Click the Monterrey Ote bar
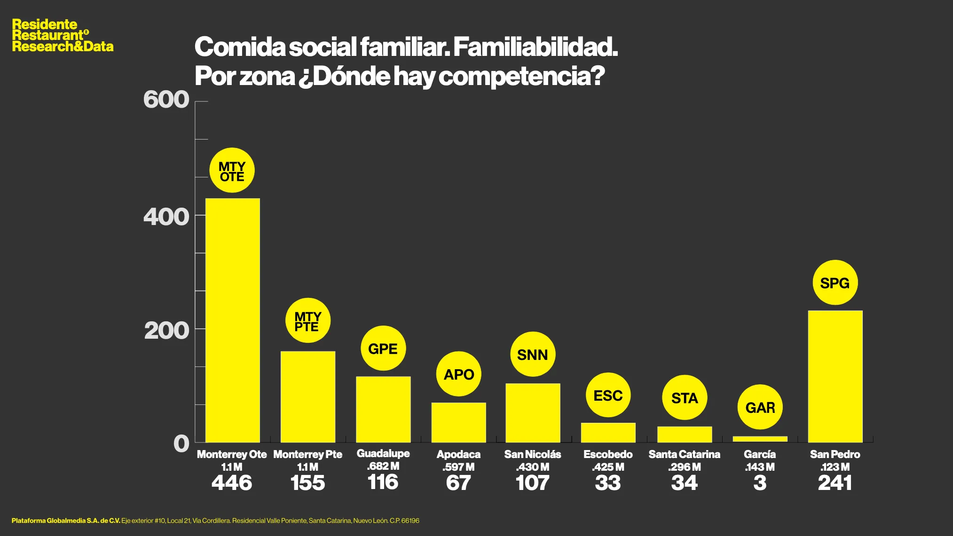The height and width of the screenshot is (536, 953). [232, 320]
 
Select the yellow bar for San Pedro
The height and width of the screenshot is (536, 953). [835, 376]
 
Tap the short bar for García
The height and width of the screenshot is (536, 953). [760, 439]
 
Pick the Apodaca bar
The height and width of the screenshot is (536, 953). [458, 422]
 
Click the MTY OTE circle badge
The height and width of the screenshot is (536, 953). [232, 171]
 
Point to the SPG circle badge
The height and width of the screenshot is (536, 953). [835, 283]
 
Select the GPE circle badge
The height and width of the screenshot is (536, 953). [383, 349]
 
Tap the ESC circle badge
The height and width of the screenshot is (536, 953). [608, 396]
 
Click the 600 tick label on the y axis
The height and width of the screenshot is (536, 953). [166, 100]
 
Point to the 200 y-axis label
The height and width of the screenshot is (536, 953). [166, 331]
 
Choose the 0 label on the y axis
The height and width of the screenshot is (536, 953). [181, 444]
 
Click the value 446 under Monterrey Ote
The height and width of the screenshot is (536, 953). [232, 483]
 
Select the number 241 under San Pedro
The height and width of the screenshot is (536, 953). [835, 483]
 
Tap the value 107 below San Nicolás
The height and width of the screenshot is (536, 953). [532, 483]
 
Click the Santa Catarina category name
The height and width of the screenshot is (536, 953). [684, 454]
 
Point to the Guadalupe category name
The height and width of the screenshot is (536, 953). [383, 453]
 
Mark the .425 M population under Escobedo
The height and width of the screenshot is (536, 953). [608, 467]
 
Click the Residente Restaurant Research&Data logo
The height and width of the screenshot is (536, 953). [63, 35]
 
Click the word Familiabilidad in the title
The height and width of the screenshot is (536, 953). [535, 47]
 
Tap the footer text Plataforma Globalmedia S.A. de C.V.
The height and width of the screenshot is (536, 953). [66, 520]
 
